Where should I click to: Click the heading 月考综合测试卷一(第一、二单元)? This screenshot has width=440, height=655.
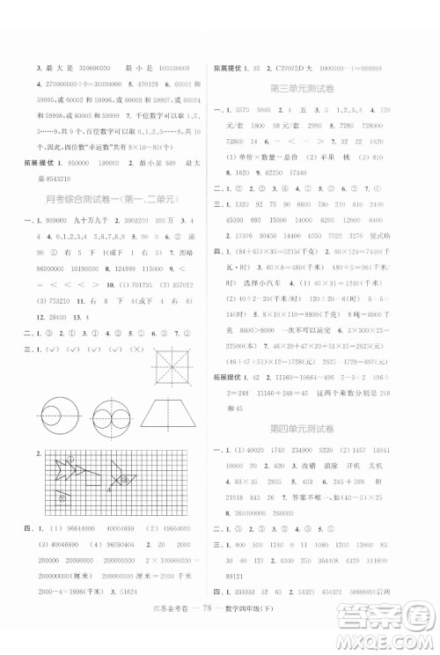[116, 198]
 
